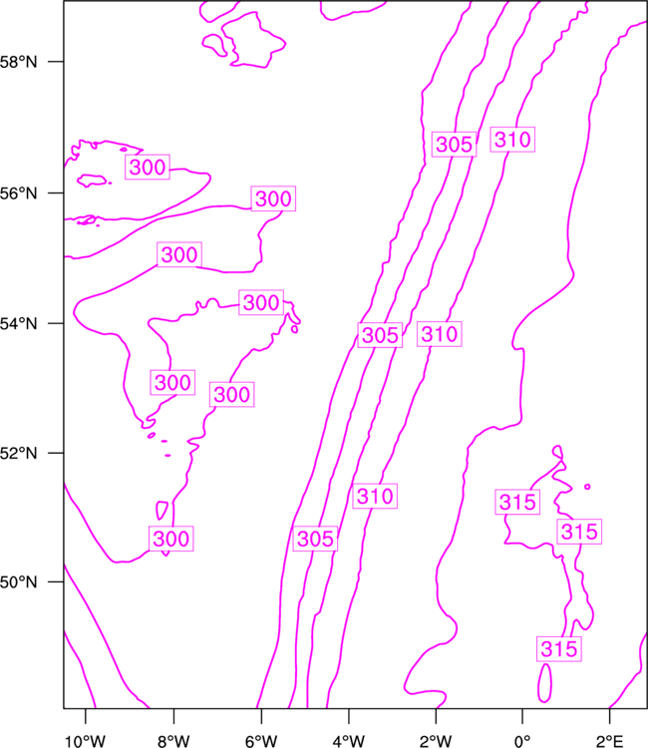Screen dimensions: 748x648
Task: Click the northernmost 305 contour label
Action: pos(454,145)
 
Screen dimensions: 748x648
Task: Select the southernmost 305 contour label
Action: pos(315,540)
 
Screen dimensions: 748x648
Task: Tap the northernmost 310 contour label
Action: pos(512,141)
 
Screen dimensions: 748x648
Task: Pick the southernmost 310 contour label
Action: pos(375,496)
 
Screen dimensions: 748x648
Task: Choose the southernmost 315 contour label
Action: pos(558,649)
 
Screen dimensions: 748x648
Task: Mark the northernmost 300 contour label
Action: pos(148,168)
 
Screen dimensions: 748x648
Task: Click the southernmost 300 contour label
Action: pos(171,540)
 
